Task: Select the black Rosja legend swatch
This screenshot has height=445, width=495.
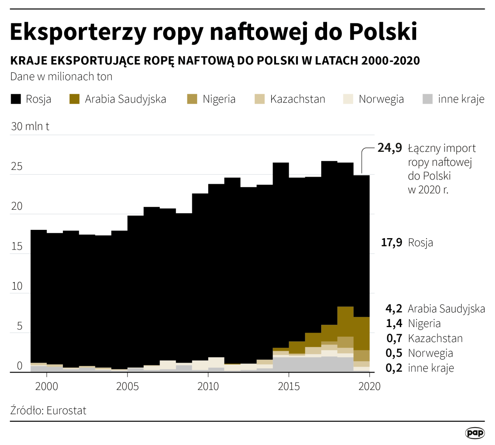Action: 16,99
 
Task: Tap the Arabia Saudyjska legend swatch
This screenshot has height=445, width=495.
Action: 74,99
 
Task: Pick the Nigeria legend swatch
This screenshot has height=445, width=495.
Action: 192,99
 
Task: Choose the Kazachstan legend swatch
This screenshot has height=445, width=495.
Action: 260,99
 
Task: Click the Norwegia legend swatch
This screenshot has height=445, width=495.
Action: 348,99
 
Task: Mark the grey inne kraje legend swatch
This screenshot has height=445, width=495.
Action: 428,99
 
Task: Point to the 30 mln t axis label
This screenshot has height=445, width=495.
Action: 30,127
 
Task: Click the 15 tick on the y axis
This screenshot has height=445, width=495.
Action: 17,246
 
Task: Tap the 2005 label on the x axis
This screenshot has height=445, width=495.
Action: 127,386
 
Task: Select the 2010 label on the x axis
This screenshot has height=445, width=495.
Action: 208,386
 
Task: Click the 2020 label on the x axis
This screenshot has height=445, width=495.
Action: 369,386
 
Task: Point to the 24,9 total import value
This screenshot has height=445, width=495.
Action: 390,148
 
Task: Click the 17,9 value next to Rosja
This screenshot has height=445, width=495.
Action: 391,242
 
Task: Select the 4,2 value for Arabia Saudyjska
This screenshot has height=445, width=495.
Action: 394,309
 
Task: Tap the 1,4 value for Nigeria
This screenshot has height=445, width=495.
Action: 394,324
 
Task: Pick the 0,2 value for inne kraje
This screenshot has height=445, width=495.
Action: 394,368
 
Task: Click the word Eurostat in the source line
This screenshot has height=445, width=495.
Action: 66,411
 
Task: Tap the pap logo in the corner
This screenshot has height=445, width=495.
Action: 475,433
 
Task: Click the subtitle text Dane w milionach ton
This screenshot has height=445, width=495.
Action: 61,76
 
